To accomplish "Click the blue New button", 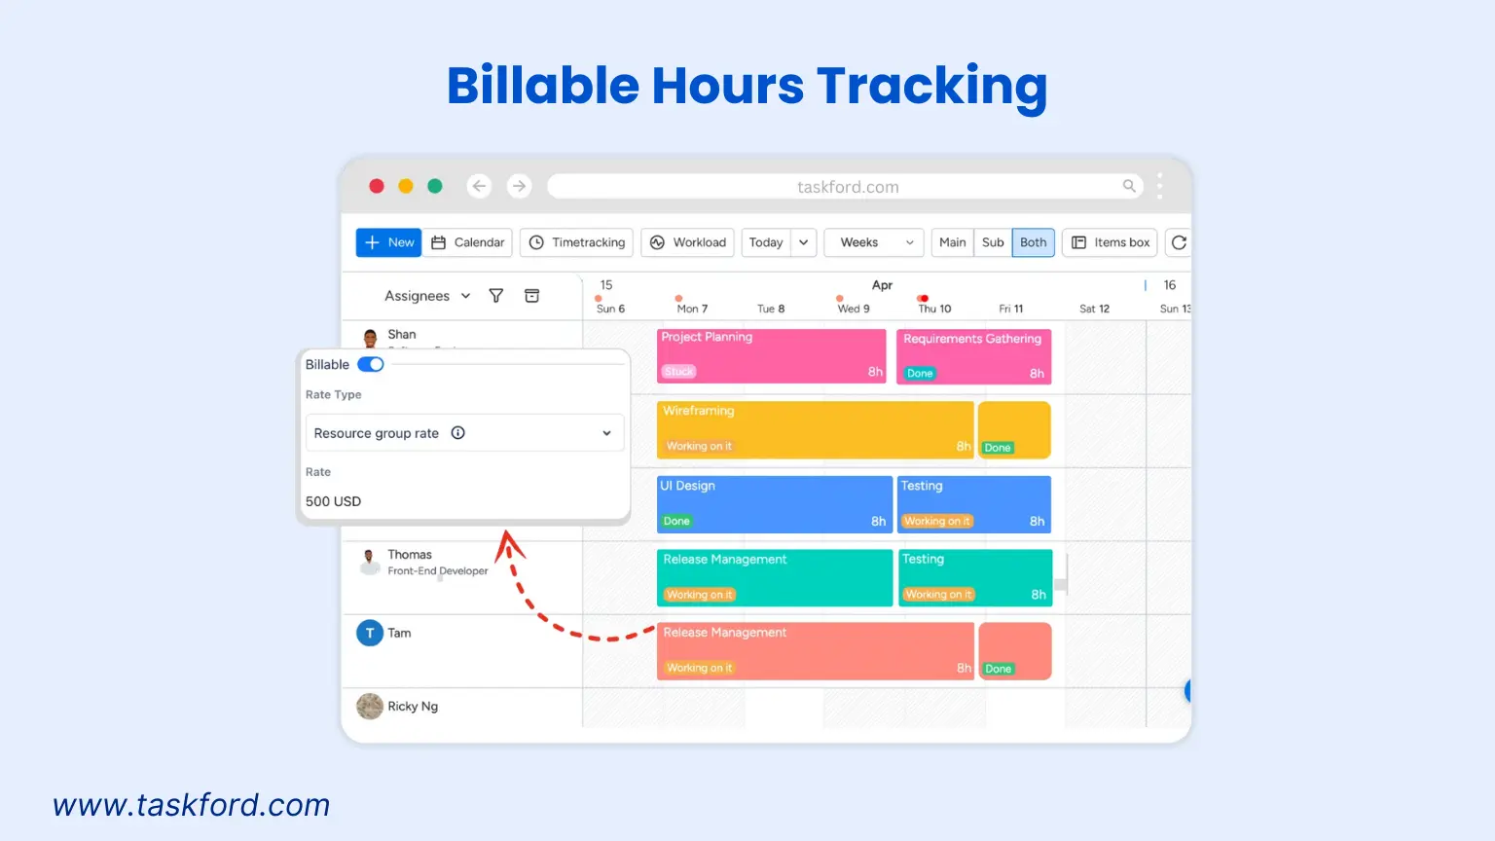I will (388, 242).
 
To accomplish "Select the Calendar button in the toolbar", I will (468, 242).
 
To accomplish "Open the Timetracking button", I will (577, 242).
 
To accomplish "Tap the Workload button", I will (688, 242).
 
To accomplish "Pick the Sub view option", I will (992, 242).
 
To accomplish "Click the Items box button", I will (1111, 242).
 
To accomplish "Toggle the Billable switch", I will (371, 364).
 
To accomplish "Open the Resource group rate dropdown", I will (463, 433).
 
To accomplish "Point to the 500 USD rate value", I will (333, 501).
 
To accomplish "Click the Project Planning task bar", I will (771, 355).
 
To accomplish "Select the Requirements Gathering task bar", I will (972, 355).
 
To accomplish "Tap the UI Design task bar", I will (774, 503).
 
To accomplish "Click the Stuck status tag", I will (678, 372).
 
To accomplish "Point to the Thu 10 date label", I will (934, 309).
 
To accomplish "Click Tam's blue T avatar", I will (370, 634).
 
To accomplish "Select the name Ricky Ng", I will (413, 707).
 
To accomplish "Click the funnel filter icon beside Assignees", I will (496, 296).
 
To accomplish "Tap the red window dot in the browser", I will (377, 186).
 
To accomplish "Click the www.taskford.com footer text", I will (192, 805).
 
